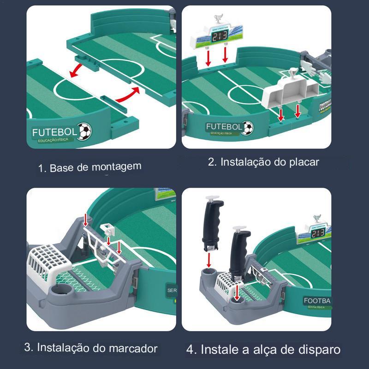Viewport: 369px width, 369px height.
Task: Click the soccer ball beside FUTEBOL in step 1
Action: point(84,131)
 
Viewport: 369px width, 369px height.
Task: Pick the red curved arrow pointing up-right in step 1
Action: point(128,95)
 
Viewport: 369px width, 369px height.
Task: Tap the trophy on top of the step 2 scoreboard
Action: point(218,20)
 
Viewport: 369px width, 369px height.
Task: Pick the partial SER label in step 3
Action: point(172,291)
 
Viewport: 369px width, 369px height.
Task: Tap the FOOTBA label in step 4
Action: point(316,301)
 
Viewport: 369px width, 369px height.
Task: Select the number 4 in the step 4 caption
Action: point(190,349)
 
